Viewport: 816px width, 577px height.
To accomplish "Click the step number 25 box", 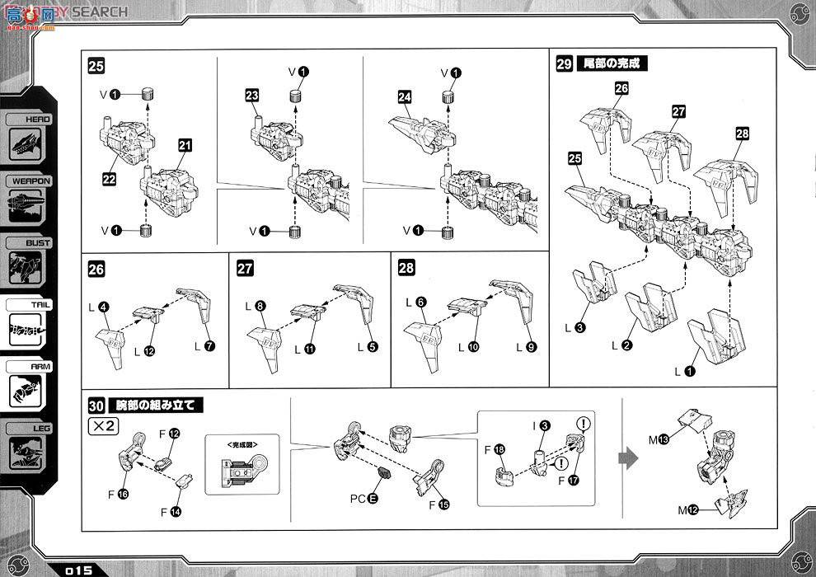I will [x=96, y=67].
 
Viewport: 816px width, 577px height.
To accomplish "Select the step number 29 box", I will [x=565, y=63].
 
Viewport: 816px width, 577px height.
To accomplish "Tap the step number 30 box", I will [x=96, y=406].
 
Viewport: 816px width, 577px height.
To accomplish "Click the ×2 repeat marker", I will [x=102, y=425].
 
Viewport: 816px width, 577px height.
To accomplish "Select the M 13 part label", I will [x=659, y=439].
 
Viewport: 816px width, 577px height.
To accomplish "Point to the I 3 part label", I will [x=539, y=425].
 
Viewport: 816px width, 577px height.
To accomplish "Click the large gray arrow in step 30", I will [x=629, y=458].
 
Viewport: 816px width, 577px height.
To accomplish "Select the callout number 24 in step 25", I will [x=404, y=96].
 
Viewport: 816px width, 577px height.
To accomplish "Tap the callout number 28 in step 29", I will [x=743, y=134].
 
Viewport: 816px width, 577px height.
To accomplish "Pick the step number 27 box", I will [x=245, y=269].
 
